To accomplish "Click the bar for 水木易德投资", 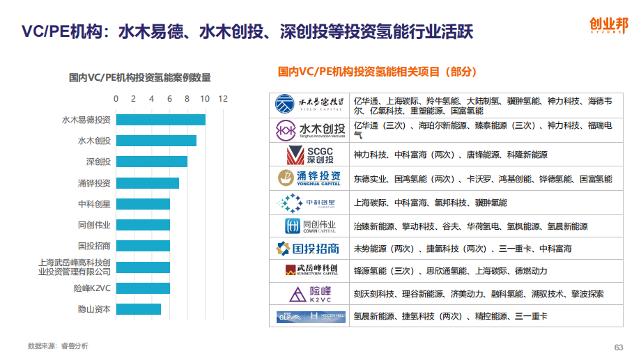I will pos(160,120).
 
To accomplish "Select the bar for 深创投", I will pos(151,162).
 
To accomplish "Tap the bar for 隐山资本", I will pos(138,308).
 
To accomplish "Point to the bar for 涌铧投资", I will pos(147,183).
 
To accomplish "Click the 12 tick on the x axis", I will pos(223,99).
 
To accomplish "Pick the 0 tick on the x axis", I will pos(116,99).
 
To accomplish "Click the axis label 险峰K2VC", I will pos(92,288).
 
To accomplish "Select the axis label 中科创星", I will pos(94,204).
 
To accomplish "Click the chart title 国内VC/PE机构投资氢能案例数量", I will pos(139,77).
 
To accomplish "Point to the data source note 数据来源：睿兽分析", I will pos(58,345).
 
